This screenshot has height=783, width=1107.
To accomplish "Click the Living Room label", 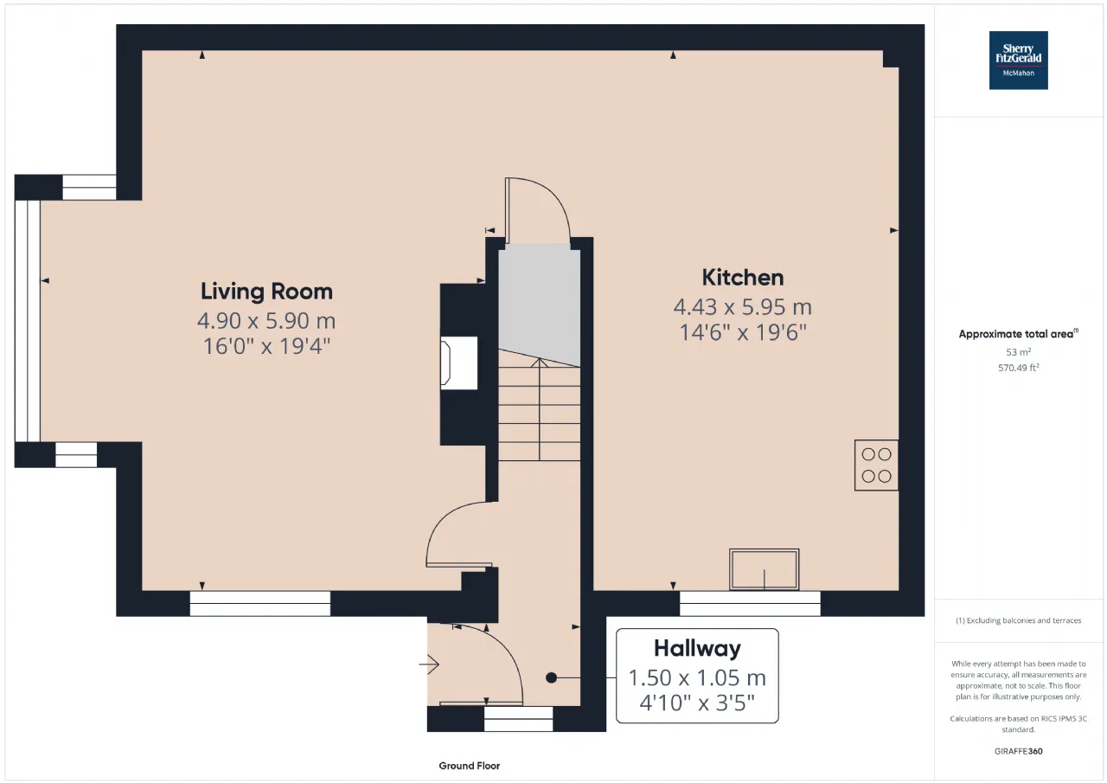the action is [266, 292].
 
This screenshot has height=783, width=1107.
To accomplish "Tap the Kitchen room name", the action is [743, 278].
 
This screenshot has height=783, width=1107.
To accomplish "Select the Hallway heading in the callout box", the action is [697, 648].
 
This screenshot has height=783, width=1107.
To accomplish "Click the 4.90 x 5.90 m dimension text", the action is [266, 320].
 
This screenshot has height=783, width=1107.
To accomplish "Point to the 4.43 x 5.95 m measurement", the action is [743, 307].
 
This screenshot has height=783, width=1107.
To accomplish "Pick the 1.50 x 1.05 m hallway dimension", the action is [697, 677].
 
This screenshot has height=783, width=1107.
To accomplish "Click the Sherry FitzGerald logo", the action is [1018, 61].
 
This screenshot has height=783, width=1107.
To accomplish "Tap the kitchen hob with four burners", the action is [876, 465].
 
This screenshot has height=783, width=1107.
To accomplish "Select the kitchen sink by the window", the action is [764, 569].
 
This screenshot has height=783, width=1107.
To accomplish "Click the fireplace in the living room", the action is [458, 363].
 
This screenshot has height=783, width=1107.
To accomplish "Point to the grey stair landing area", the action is [539, 303].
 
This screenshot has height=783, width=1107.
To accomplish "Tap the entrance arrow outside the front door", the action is [429, 664].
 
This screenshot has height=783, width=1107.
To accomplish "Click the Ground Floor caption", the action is [470, 766].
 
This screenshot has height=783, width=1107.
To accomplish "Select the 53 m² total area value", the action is [1019, 352].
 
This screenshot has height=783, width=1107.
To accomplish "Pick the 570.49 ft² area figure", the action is [1019, 368].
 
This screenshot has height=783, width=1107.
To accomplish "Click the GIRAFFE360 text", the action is [1019, 751].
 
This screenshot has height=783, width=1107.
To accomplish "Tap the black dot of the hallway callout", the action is [552, 677].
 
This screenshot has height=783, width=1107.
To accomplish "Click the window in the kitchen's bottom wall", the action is [750, 604].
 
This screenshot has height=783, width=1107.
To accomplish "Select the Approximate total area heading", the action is [1018, 334].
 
